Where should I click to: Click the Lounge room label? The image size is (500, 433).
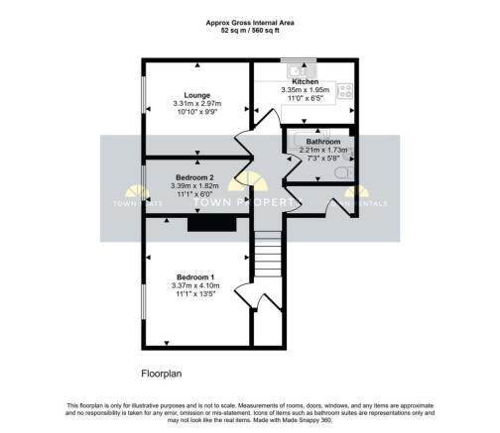(196, 93)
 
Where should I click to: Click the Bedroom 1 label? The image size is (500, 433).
(196, 276)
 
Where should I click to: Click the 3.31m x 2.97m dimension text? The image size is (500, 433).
(196, 103)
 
